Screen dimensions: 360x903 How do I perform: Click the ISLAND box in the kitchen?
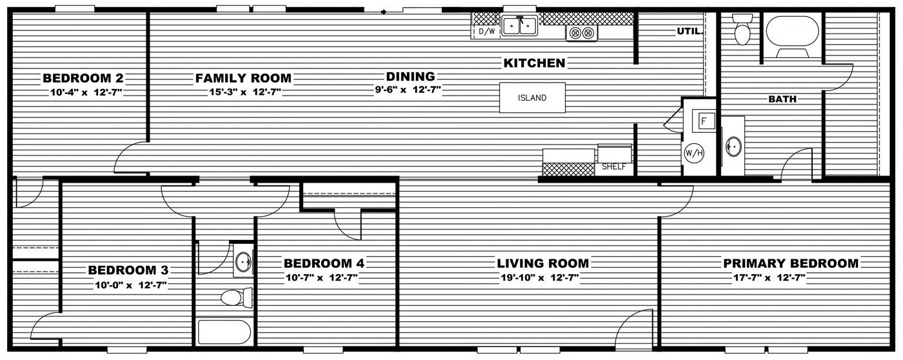(x=532, y=98)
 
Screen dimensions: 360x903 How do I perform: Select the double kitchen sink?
(x=520, y=26)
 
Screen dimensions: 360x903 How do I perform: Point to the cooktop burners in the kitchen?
(x=582, y=32)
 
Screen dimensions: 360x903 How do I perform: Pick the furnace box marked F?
(x=704, y=121)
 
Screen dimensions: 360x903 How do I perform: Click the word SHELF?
(x=614, y=166)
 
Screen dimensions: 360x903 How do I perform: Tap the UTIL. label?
(x=690, y=31)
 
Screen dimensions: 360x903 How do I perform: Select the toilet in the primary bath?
(x=742, y=32)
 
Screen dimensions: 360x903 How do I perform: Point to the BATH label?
(x=782, y=99)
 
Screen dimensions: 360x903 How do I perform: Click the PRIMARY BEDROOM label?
(x=791, y=263)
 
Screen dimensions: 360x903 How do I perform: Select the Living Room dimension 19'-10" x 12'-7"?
(x=542, y=278)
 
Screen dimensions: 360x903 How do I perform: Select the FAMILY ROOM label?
(x=243, y=79)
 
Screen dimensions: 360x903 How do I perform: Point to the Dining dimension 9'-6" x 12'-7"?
(x=408, y=91)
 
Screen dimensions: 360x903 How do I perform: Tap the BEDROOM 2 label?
(x=83, y=79)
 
